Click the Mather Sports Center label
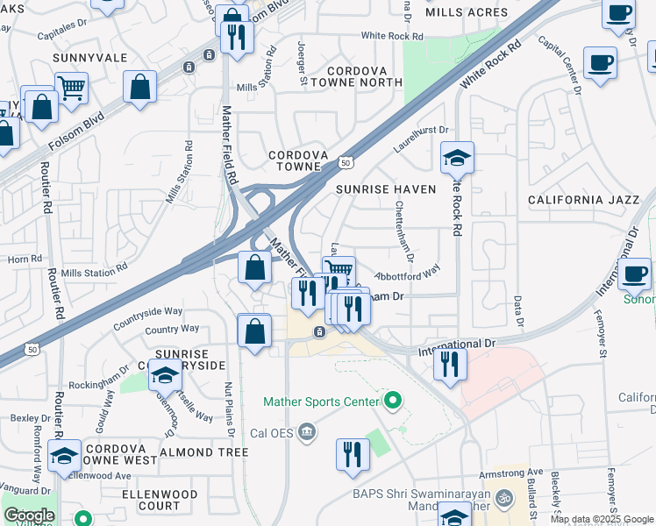pos(321,402)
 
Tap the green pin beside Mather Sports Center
pos(393,402)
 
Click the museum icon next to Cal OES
pos(306,430)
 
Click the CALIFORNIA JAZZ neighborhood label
pos(584,200)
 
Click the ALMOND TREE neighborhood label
pos(204,452)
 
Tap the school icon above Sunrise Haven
pos(457,158)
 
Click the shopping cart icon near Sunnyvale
pos(72,87)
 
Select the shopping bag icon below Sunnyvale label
pos(140,87)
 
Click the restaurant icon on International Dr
pos(450,363)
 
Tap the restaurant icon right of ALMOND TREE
pos(353,454)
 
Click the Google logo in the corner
pos(29,515)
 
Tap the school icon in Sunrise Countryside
pos(164,376)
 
